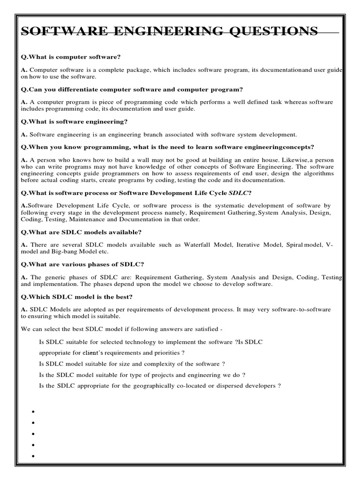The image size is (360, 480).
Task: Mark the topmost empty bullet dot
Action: (x=34, y=412)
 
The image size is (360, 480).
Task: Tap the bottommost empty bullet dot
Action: (x=34, y=456)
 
